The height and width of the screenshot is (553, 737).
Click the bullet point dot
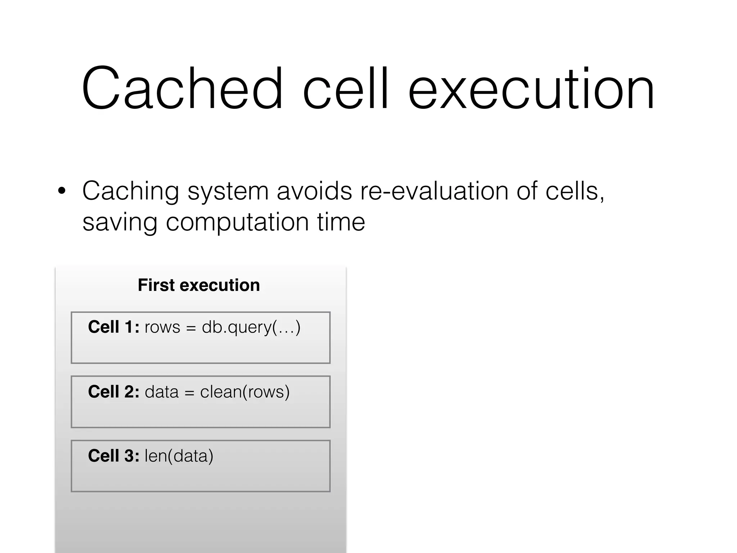(62, 191)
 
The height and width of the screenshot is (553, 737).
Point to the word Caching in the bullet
(130, 191)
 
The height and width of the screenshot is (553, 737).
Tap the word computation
(237, 222)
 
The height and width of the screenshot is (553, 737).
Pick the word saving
(120, 222)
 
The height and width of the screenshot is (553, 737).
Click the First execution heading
(199, 285)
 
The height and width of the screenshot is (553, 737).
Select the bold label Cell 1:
(113, 327)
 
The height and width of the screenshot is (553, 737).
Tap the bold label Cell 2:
(113, 392)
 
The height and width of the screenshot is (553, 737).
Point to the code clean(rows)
(245, 392)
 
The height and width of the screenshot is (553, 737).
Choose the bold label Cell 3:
(113, 456)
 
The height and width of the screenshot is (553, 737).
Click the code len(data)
(179, 456)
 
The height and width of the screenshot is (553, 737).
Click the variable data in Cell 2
(162, 392)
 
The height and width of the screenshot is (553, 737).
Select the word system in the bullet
(228, 191)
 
